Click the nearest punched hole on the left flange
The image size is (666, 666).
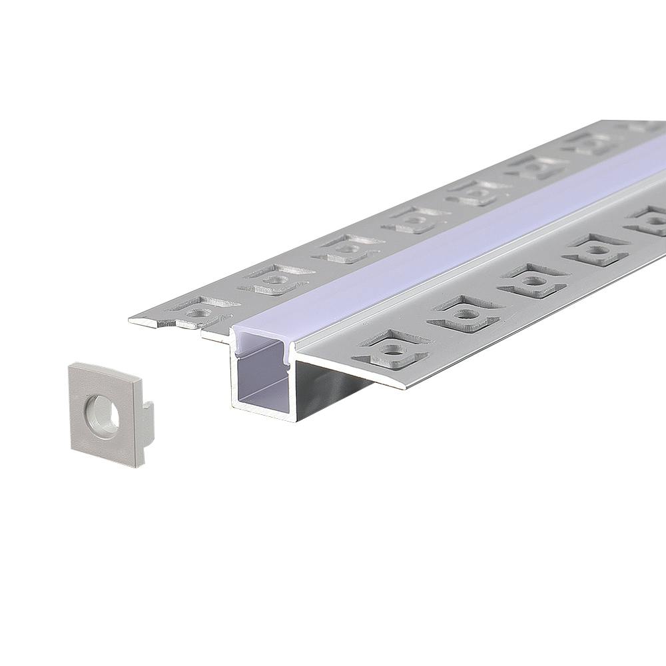(196, 310)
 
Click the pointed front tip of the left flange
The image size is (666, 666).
(131, 321)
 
